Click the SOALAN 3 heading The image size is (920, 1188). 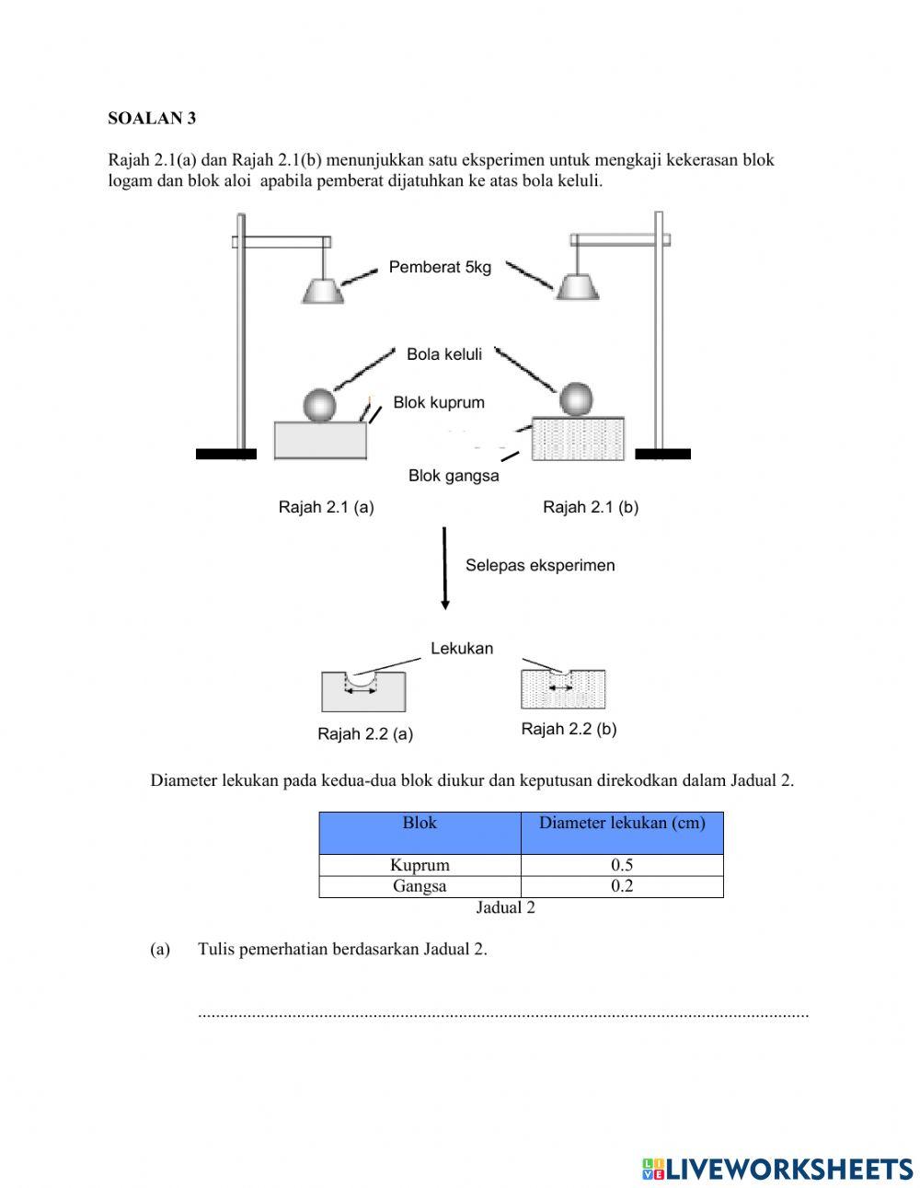point(152,118)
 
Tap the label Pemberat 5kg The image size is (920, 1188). point(440,268)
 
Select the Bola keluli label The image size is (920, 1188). point(444,354)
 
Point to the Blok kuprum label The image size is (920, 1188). point(439,402)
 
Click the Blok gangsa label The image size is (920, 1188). point(454,476)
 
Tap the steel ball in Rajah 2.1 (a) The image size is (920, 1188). point(319,405)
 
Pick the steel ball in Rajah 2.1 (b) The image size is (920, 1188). point(577,399)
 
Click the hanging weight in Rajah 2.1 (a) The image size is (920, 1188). point(323,290)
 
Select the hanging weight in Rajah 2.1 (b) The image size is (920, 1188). point(577,287)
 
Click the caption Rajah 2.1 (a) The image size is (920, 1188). point(326,507)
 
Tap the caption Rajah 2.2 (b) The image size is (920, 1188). point(569,729)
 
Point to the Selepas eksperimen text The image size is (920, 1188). point(540,565)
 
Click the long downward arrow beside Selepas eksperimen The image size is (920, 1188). point(445,568)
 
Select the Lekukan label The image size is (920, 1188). point(462,648)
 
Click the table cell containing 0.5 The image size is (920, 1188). point(622,865)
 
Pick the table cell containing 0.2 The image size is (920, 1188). point(622,886)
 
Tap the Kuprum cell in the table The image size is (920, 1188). point(420,865)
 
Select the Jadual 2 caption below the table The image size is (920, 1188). point(505,907)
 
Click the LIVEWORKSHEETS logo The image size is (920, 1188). point(777,1169)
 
